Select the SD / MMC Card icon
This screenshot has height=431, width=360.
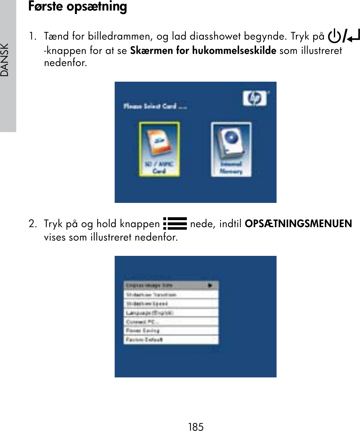tap(159, 149)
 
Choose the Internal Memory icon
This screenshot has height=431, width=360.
tap(231, 149)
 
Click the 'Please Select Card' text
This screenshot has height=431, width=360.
tap(155, 106)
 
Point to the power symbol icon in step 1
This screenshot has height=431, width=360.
tap(334, 36)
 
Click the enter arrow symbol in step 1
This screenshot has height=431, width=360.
tap(354, 36)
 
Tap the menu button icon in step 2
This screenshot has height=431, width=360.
tap(175, 224)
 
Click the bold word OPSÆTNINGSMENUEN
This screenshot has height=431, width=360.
tap(298, 224)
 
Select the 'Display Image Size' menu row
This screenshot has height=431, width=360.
tap(171, 285)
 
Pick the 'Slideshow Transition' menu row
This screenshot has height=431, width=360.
tap(171, 294)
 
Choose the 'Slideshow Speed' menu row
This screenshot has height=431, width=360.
tap(171, 303)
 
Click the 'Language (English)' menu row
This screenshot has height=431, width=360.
tap(171, 313)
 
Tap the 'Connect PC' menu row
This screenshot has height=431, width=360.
tap(171, 322)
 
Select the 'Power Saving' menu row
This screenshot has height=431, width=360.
tap(171, 331)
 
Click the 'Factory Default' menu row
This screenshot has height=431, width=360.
tap(171, 339)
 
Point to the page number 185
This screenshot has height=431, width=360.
tap(196, 427)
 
